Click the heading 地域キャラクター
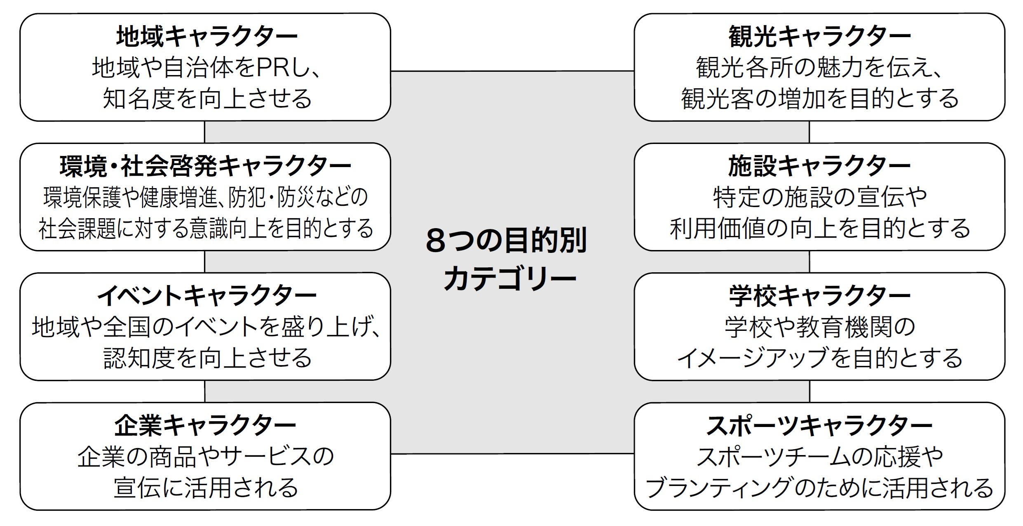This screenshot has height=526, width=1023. coord(207,36)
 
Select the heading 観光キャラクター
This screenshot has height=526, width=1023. coord(819,36)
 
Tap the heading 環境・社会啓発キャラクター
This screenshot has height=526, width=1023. coord(205,166)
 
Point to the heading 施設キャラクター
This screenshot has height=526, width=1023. coord(819,166)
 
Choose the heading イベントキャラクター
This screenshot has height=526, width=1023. coord(207,296)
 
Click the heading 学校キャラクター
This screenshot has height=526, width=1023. coord(819,296)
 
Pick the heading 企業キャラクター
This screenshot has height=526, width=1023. coord(205,426)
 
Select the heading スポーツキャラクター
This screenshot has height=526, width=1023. coord(819,426)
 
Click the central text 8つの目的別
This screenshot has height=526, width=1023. coord(506,241)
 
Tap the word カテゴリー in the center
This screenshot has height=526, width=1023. coord(509,278)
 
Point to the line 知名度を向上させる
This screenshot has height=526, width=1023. coord(207,99)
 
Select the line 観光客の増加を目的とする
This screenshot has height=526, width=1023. coord(819,99)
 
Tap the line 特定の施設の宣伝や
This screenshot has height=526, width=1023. coord(819,197)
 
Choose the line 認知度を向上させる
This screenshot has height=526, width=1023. coord(207,358)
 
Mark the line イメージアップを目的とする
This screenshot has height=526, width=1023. coord(819,358)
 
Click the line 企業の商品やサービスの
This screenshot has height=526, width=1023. coord(205,457)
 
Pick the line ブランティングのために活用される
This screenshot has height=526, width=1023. coord(819,488)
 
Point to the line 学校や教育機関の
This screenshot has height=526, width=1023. coord(819,327)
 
